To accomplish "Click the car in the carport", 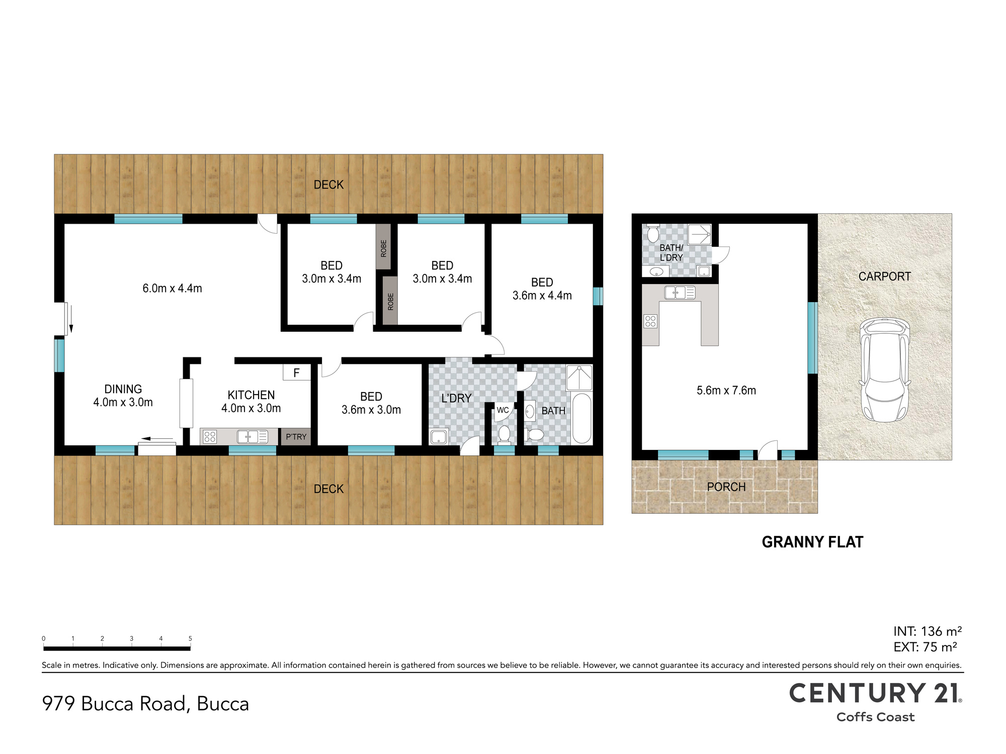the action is (x=885, y=370).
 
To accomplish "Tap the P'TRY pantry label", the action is (x=296, y=437).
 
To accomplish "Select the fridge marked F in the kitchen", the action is (x=296, y=372).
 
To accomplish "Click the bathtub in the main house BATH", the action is (x=582, y=418).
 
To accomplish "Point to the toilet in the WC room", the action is (x=504, y=434).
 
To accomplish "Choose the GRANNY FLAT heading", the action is (x=812, y=542).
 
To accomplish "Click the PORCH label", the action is (x=726, y=487).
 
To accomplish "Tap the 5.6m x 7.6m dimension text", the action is (x=726, y=390).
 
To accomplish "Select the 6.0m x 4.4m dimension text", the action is (x=172, y=288).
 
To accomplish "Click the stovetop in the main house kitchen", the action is (x=210, y=437).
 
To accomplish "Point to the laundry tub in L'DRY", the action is (x=439, y=436).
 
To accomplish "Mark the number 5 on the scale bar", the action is (x=190, y=638).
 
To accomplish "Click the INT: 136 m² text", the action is (x=928, y=631).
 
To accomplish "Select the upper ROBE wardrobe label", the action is (x=384, y=248).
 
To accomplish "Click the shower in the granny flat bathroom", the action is (x=699, y=235).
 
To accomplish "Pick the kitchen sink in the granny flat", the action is (x=680, y=292).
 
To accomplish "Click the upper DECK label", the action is (x=328, y=184).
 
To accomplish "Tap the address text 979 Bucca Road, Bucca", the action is (x=145, y=704).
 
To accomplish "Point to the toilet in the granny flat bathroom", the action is (x=653, y=233).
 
